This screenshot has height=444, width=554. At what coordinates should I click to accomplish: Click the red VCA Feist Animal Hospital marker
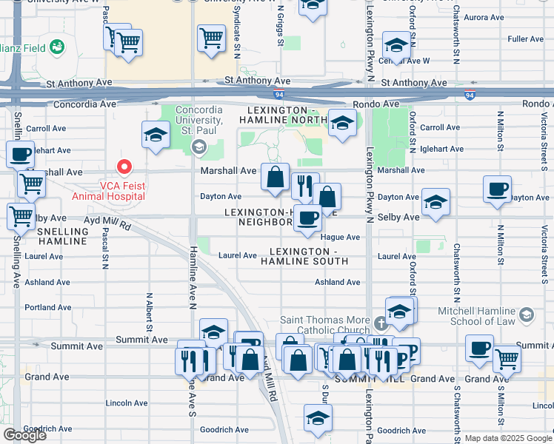pyautogui.click(x=125, y=169)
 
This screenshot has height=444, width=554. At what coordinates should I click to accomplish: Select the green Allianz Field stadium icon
pyautogui.click(x=56, y=47)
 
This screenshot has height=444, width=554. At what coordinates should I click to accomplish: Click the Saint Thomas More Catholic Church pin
pyautogui.click(x=381, y=323)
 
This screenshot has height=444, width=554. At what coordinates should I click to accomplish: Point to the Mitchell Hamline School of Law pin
pyautogui.click(x=526, y=314)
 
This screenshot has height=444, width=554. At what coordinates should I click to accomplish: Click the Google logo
pyautogui.click(x=24, y=435)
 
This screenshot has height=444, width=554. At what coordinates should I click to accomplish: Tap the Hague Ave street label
pyautogui.click(x=340, y=237)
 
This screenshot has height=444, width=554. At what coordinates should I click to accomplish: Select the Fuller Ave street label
pyautogui.click(x=526, y=38)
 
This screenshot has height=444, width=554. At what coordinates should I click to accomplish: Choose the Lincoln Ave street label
pyautogui.click(x=127, y=403)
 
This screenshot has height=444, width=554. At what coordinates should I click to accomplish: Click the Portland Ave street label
pyautogui.click(x=47, y=307)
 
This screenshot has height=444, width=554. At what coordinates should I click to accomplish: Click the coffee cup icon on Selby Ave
pyautogui.click(x=307, y=218)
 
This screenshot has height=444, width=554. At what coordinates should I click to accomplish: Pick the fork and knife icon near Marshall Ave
pyautogui.click(x=304, y=185)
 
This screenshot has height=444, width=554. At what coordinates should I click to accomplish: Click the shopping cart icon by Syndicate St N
pyautogui.click(x=212, y=37)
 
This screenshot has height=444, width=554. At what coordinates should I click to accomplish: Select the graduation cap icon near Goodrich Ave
pyautogui.click(x=318, y=418)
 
